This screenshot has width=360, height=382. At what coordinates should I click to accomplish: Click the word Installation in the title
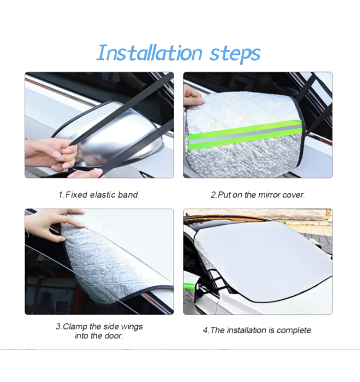149,53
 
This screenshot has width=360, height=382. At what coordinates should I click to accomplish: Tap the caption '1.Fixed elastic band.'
99,195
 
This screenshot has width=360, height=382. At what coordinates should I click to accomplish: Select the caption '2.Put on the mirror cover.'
258,195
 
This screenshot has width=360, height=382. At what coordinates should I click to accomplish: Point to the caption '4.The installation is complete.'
258,330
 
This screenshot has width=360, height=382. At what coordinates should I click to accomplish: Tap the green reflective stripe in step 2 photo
245,134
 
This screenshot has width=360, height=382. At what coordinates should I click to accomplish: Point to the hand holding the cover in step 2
193,98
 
